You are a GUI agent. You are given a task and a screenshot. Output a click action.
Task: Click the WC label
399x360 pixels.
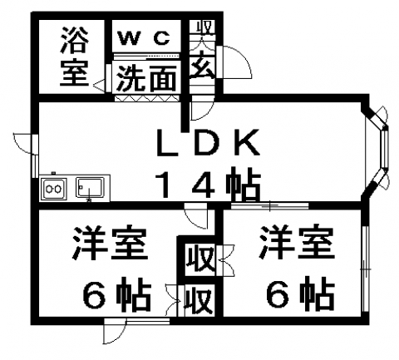point(144,38)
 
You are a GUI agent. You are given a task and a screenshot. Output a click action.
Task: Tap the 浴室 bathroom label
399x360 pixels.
point(74,57)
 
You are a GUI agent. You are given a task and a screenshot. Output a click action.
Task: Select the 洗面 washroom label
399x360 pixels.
point(146,78)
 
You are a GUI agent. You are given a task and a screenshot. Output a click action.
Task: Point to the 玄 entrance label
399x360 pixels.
point(203,67)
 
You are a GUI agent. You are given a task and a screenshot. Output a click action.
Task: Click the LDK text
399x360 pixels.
point(209,143)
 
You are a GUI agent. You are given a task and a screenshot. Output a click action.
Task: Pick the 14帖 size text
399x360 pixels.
point(209,184)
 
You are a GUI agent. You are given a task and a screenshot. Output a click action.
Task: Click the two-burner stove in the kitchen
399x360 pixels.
point(53,189)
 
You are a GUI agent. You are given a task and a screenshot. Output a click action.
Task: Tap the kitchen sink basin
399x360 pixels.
point(90,188)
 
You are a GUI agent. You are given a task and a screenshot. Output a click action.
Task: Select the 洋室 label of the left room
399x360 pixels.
point(109,244)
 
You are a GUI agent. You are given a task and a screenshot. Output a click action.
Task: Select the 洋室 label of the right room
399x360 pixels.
point(296,243)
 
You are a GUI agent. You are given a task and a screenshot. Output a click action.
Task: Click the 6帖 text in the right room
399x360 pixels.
point(301,293)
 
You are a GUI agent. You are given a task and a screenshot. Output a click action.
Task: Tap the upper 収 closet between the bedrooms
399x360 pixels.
point(200,259)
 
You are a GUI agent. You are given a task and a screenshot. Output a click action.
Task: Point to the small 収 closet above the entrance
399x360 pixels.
point(205,27)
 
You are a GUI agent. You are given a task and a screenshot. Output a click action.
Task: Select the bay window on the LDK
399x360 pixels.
point(377,149)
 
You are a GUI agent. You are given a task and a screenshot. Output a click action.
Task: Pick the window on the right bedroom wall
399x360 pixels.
point(365,269)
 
